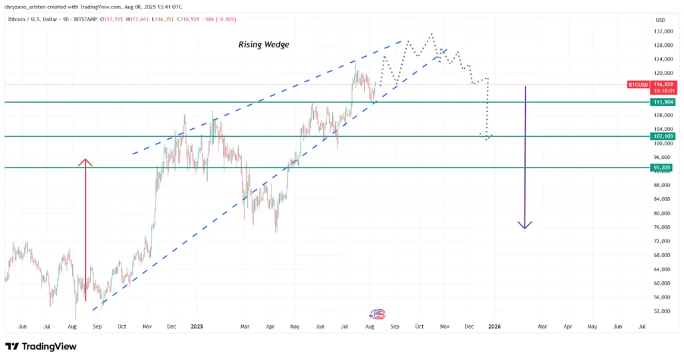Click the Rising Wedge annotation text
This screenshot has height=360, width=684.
264,45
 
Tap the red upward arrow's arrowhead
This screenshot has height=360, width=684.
85,162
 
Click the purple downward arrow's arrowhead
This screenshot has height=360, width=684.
526,225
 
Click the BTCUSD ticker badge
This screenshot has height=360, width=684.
639,85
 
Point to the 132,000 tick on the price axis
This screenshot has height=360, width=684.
663,31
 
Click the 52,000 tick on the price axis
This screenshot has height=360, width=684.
662,311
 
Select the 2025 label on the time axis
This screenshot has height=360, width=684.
196,327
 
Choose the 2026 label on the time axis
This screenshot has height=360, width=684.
494,327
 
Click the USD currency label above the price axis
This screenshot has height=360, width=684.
661,20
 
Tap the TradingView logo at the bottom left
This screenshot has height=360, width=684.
41,347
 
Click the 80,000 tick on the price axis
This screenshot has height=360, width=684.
662,214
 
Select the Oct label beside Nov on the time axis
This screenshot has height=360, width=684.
419,327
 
